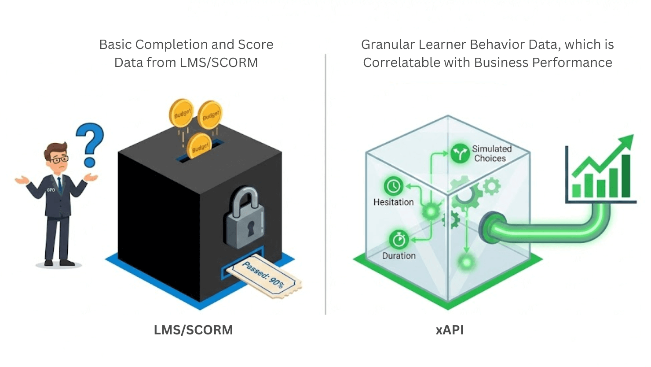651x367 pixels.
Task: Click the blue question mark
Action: click(90, 143)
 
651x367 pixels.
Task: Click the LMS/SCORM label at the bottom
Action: click(193, 330)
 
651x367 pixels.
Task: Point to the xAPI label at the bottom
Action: click(450, 330)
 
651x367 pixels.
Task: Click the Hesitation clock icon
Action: click(394, 186)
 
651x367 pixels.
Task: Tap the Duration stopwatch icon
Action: click(399, 240)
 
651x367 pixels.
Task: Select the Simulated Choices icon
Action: click(460, 154)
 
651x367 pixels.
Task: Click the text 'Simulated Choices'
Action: click(491, 153)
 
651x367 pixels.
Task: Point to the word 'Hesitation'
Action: click(393, 202)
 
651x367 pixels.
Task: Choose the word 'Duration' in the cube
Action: click(399, 256)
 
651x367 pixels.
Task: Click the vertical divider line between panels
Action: click(325, 185)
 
